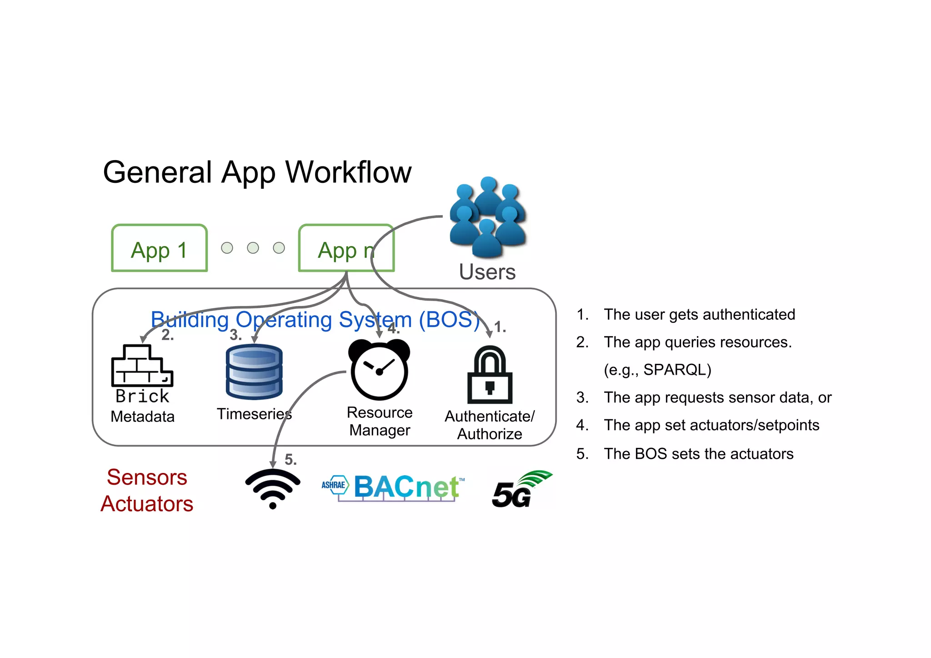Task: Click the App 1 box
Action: pyautogui.click(x=159, y=248)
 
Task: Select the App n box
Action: pyautogui.click(x=346, y=248)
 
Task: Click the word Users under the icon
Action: pyautogui.click(x=487, y=272)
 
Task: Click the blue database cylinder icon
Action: pyautogui.click(x=254, y=372)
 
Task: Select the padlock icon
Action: pyautogui.click(x=490, y=375)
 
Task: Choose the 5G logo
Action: pyautogui.click(x=521, y=490)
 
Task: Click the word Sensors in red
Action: pyautogui.click(x=147, y=477)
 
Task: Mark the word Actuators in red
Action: pyautogui.click(x=147, y=504)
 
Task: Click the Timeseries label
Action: pyautogui.click(x=254, y=414)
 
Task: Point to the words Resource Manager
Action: pyautogui.click(x=380, y=421)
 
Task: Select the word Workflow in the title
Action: pyautogui.click(x=348, y=172)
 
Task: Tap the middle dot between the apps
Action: pyautogui.click(x=253, y=248)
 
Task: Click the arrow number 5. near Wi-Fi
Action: pyautogui.click(x=290, y=460)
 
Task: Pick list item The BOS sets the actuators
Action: pyautogui.click(x=698, y=454)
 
